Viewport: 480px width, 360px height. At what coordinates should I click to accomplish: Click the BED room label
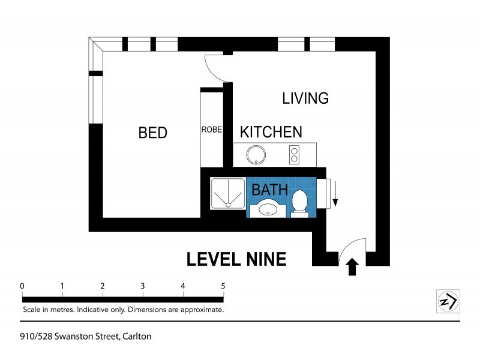tap(153, 133)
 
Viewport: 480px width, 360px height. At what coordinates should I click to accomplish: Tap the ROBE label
tap(212, 130)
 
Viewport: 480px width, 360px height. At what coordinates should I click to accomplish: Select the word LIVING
tap(305, 98)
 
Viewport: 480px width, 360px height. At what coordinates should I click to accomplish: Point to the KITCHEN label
tap(271, 132)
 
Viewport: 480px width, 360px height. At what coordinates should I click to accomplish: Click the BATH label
tap(269, 190)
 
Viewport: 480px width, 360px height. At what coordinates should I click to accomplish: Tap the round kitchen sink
tap(256, 155)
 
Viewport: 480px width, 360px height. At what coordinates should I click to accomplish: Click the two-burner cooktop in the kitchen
tap(294, 155)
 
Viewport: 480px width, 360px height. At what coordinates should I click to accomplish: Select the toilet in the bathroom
tap(299, 203)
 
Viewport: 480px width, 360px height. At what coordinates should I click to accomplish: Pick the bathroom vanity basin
tap(268, 209)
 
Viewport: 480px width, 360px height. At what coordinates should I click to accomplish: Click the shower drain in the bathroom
tap(228, 205)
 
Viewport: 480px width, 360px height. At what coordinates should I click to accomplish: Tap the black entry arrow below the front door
tap(352, 266)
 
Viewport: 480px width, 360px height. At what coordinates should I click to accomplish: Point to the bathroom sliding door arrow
tap(335, 193)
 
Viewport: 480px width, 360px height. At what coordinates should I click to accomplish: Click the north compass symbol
tap(448, 301)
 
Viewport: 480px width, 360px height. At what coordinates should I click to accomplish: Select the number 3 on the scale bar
tap(143, 286)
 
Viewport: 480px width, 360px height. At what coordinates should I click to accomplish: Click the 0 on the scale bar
tap(22, 286)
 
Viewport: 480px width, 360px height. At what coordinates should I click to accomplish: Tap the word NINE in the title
tap(266, 259)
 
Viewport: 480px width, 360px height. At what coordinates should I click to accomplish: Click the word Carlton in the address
tap(137, 337)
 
